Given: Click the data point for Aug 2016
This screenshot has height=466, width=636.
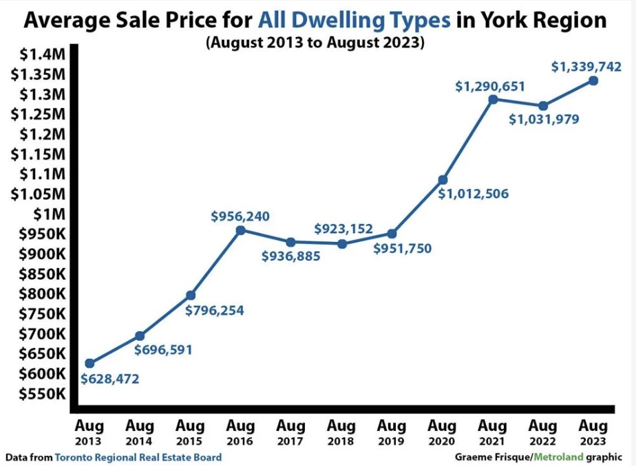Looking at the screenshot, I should [241, 230].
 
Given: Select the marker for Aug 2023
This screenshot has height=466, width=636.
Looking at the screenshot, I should [593, 81].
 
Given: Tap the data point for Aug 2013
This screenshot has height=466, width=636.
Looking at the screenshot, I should [89, 363].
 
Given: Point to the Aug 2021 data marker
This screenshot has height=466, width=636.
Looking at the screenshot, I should [493, 100].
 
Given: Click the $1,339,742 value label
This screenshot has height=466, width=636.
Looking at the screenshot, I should [587, 67].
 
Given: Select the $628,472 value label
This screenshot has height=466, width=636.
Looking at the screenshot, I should [110, 379].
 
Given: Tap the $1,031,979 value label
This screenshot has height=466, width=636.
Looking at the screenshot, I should [544, 120].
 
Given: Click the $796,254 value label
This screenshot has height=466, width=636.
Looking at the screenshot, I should [215, 310].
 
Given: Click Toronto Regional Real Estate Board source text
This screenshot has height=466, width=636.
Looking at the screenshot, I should [138, 456].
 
